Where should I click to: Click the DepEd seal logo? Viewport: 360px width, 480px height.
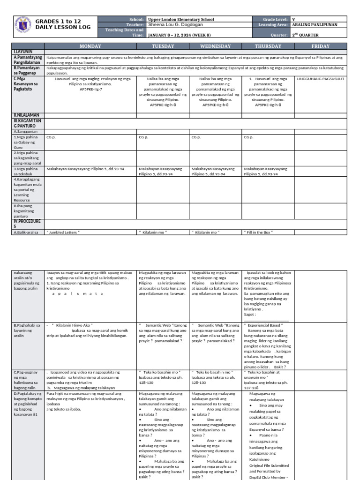pos(22,26)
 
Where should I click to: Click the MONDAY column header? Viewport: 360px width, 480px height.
pos(90,46)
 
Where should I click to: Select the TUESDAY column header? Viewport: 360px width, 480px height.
pos(163,46)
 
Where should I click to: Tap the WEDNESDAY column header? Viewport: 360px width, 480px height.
pos(215,46)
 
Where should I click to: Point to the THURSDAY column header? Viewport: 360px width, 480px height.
pos(268,46)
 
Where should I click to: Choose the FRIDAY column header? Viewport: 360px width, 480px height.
pos(321,46)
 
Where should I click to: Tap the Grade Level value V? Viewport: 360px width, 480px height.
pos(293,19)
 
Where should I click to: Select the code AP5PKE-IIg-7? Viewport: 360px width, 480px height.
pos(90,89)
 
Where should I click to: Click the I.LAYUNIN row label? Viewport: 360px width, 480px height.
pos(22,51)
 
